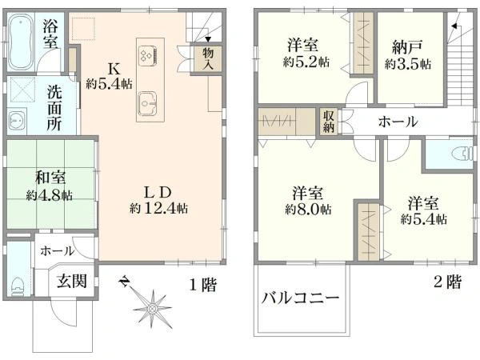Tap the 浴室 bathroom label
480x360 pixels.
(x=50, y=34)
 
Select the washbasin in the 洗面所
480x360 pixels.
(x=15, y=122)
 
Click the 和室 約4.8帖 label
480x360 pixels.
(x=50, y=186)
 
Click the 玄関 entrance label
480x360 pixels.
(x=72, y=281)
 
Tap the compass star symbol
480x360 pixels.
(x=151, y=308)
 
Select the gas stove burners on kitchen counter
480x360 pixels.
(x=147, y=55)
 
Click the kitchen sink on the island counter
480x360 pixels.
(x=147, y=103)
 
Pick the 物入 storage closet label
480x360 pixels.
(x=208, y=58)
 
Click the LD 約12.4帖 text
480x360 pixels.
(x=158, y=200)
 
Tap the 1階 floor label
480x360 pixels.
(x=202, y=285)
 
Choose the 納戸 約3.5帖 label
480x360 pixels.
(x=407, y=55)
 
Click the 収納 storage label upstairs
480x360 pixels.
(x=329, y=122)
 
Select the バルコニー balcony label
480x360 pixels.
(x=300, y=298)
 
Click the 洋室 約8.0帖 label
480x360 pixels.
(x=308, y=201)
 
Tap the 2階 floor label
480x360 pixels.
(x=447, y=282)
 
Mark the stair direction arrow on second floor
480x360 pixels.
(x=454, y=26)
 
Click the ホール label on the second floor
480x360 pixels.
(x=398, y=122)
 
